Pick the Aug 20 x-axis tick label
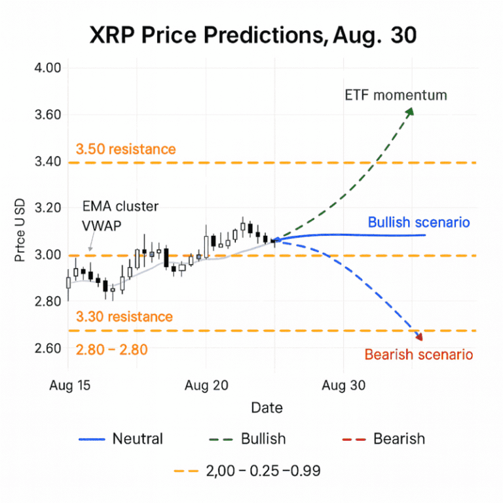click(x=206, y=386)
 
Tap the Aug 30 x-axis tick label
click(x=343, y=386)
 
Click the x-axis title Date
click(x=267, y=408)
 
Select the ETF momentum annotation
click(x=396, y=95)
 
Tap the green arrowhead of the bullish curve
click(x=410, y=112)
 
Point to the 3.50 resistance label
click(x=126, y=149)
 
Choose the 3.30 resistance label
click(x=124, y=317)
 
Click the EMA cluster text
click(x=121, y=206)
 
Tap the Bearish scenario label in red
click(x=419, y=355)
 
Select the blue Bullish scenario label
click(x=419, y=222)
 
